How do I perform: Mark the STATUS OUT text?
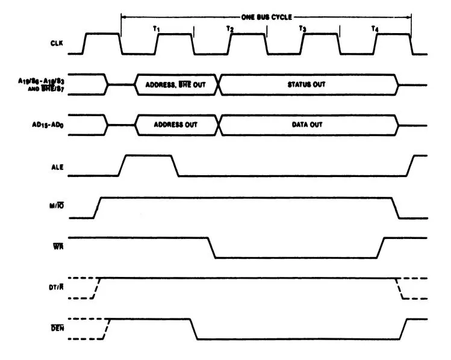pos(307,85)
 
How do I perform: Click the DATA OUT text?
pos(307,125)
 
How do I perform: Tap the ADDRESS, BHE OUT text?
pos(176,85)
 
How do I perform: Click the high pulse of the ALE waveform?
pos(148,156)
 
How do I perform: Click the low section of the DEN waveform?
pos(298,339)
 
